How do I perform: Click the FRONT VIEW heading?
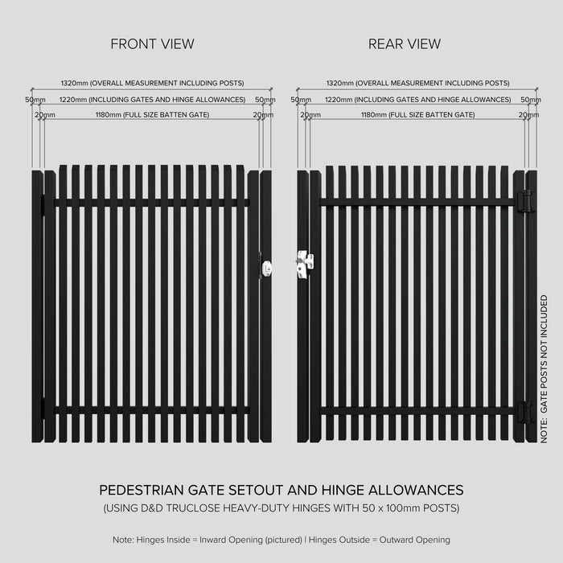[152, 44]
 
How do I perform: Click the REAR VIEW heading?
[405, 44]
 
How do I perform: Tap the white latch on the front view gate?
[266, 268]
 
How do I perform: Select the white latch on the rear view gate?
[305, 265]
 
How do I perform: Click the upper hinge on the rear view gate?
[524, 201]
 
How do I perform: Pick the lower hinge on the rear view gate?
[524, 412]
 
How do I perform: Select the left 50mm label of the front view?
[35, 100]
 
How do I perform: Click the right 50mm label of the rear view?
[531, 100]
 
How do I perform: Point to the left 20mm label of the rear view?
[310, 115]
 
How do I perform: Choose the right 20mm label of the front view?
[263, 115]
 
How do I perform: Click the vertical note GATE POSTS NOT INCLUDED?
[544, 369]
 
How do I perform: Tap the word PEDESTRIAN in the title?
[142, 490]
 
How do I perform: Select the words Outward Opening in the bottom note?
[415, 540]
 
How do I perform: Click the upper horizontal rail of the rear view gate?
[417, 202]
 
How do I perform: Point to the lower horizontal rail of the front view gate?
[151, 410]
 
